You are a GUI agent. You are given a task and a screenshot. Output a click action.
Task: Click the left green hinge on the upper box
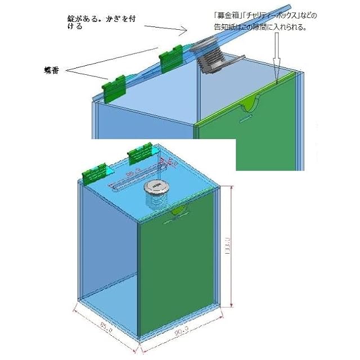[x=115, y=87]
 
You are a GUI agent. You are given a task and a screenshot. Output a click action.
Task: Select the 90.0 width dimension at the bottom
[x=179, y=334]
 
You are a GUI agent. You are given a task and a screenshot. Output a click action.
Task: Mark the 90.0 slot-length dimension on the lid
[x=133, y=175]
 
